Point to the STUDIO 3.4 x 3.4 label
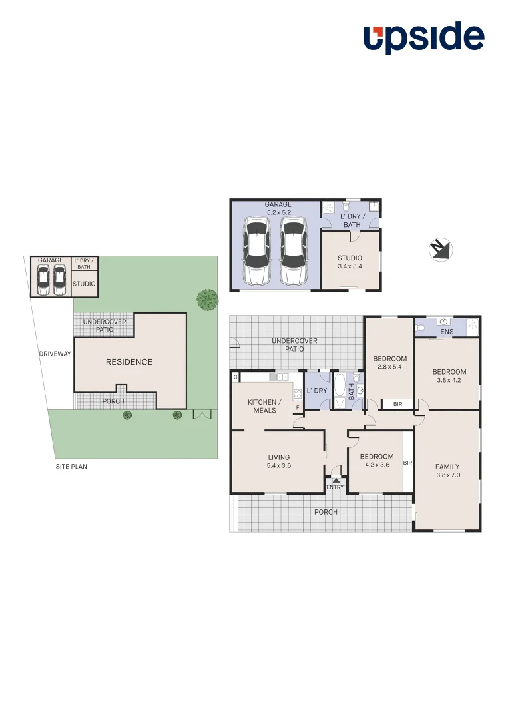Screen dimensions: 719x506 click(x=350, y=262)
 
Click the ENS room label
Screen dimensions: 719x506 click(x=447, y=332)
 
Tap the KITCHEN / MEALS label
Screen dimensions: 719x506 click(x=264, y=406)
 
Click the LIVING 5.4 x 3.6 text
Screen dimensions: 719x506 click(x=278, y=461)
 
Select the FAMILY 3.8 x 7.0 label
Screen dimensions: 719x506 click(x=447, y=471)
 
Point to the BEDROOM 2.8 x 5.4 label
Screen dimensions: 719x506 click(x=389, y=362)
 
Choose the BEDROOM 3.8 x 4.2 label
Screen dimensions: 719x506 click(x=449, y=376)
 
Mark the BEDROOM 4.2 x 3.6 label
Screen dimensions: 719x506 click(x=376, y=461)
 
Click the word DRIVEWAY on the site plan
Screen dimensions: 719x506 click(x=55, y=354)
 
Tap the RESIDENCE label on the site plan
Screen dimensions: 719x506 click(x=129, y=362)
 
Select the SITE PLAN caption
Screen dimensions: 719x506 click(x=71, y=467)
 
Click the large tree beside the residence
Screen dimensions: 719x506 click(x=208, y=300)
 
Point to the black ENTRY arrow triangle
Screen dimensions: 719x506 click(x=336, y=479)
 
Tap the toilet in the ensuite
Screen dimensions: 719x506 click(x=419, y=328)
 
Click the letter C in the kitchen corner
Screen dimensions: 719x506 click(x=235, y=377)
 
